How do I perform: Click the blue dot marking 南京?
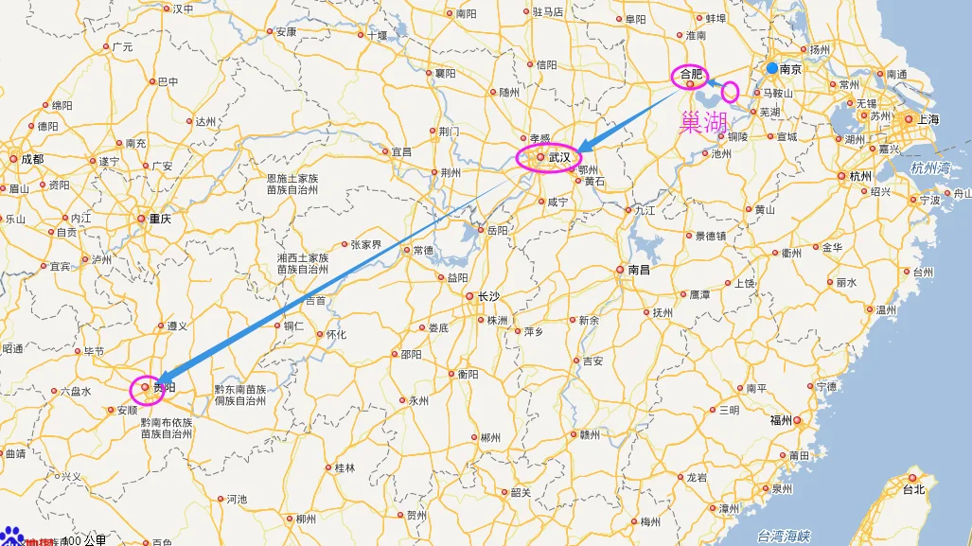pyautogui.click(x=772, y=68)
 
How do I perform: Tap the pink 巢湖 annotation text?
pyautogui.click(x=703, y=122)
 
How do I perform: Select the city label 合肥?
pyautogui.click(x=692, y=74)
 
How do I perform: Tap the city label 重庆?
pyautogui.click(x=160, y=219)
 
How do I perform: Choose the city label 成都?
pyautogui.click(x=32, y=159)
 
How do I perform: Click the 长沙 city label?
pyautogui.click(x=487, y=296)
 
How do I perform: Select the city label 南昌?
pyautogui.click(x=639, y=270)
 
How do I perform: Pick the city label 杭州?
pyautogui.click(x=860, y=176)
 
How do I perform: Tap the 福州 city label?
pyautogui.click(x=781, y=420)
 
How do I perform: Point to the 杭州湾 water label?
pyautogui.click(x=929, y=167)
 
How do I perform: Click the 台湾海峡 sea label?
pyautogui.click(x=785, y=537)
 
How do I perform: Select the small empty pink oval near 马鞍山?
pyautogui.click(x=730, y=92)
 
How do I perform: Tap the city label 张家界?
pyautogui.click(x=365, y=244)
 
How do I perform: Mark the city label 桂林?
pyautogui.click(x=345, y=467)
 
